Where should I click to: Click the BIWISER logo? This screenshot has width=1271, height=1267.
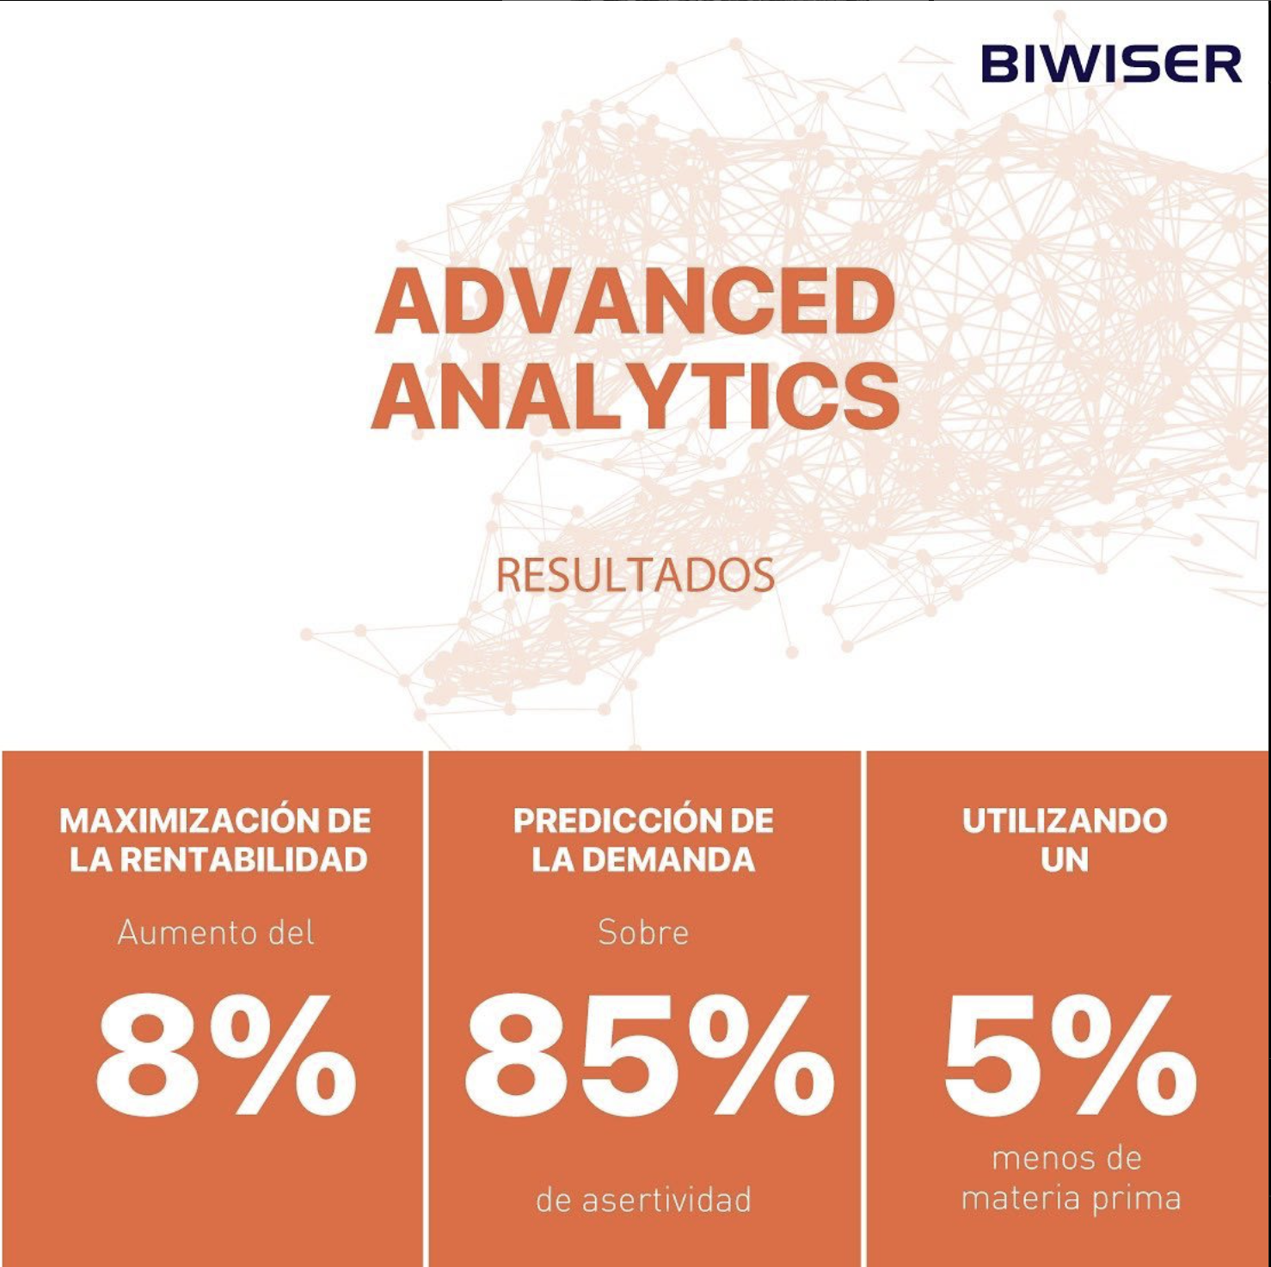click(1111, 64)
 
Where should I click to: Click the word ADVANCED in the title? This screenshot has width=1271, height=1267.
click(635, 301)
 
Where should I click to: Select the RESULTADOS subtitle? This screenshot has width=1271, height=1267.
click(635, 575)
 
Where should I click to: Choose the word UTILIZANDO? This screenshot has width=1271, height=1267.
click(1065, 821)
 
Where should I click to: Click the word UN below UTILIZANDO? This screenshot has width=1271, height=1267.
click(1065, 860)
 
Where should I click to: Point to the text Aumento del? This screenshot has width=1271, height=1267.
click(216, 933)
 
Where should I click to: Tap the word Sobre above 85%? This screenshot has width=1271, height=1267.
click(643, 933)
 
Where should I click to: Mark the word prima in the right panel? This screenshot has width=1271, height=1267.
click(1137, 1199)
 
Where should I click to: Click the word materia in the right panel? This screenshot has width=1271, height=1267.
click(1022, 1198)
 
